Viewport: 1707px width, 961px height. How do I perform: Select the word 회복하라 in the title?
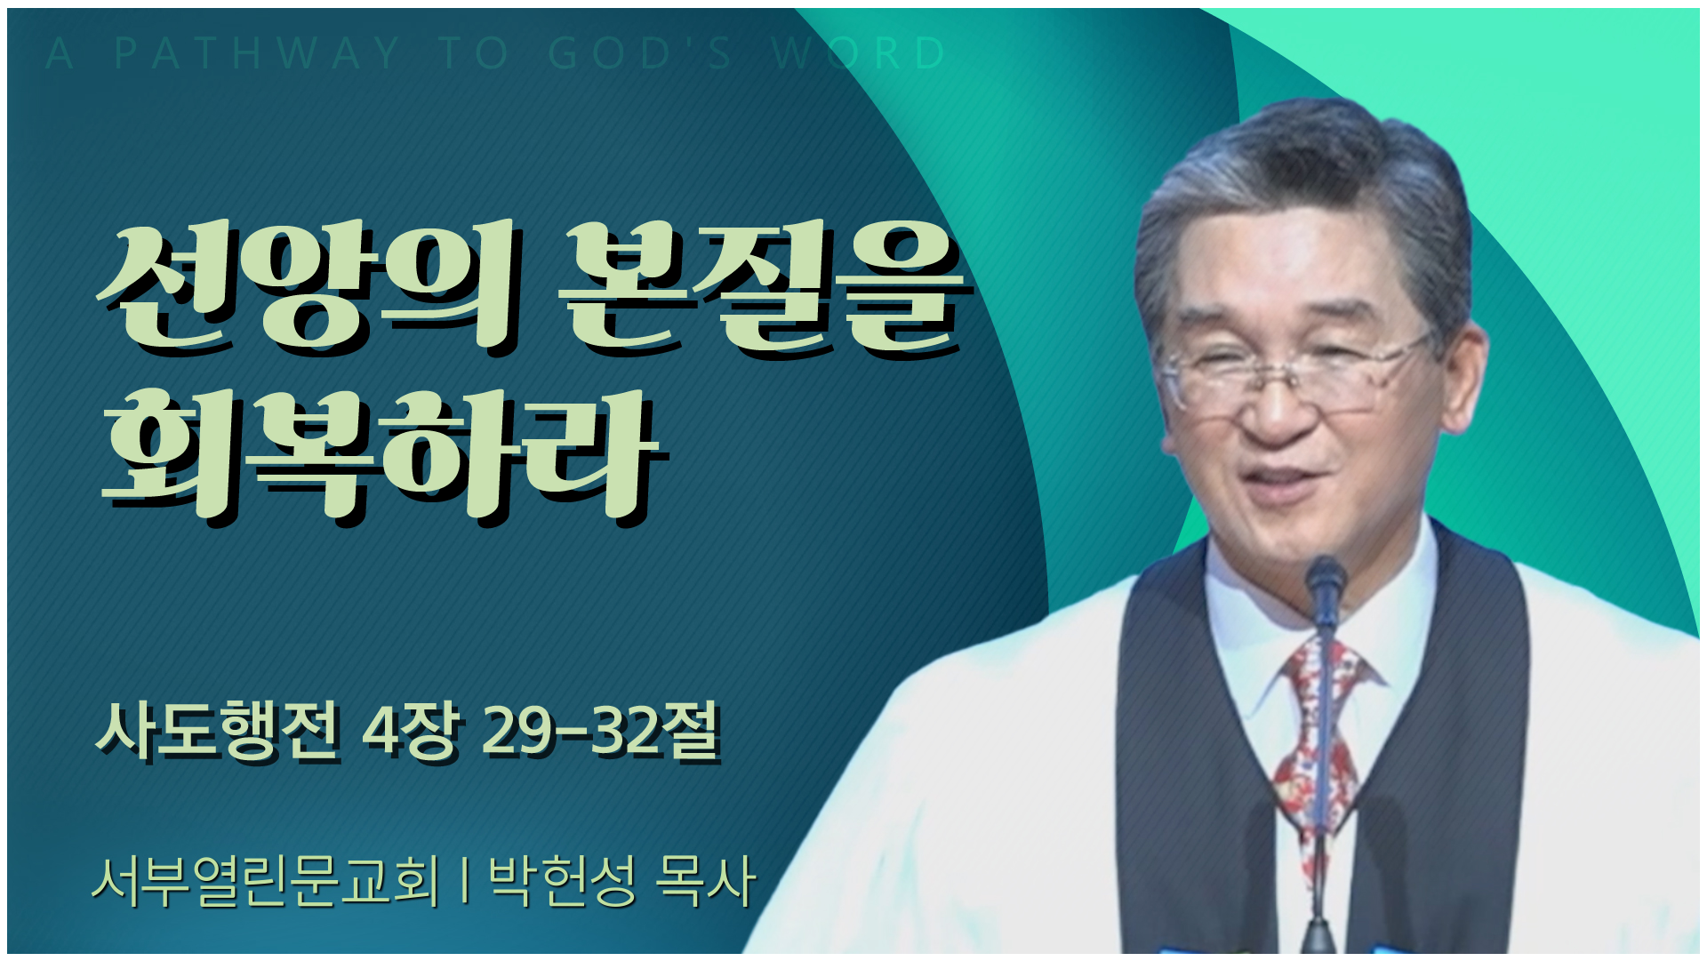[382, 453]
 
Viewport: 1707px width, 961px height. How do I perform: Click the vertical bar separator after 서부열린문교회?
[465, 882]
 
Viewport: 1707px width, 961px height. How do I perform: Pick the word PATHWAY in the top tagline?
[257, 53]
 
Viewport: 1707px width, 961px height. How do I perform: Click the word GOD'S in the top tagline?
[640, 53]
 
